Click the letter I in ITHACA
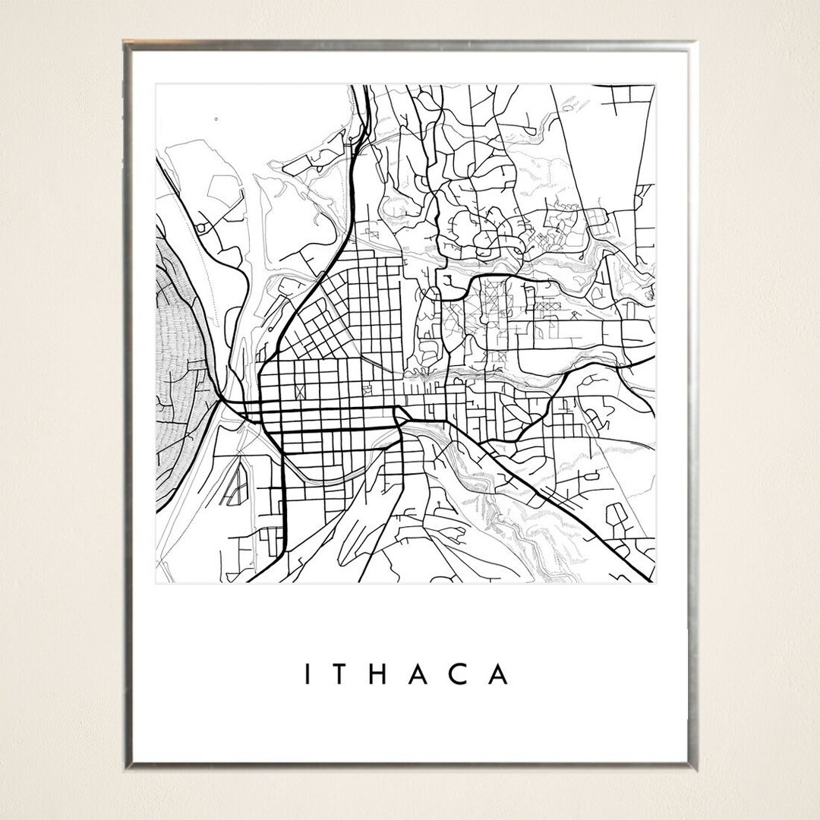click(x=308, y=674)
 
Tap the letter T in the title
click(x=341, y=674)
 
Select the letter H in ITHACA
click(x=378, y=674)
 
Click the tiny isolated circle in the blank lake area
click(x=216, y=119)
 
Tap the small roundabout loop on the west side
click(x=201, y=226)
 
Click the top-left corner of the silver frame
click(x=127, y=43)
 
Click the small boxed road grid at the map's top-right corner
click(x=634, y=94)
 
